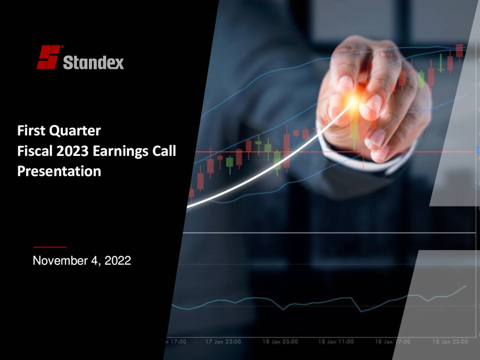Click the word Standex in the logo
[93, 62]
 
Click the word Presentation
[59, 171]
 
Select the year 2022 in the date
[117, 261]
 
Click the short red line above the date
[49, 247]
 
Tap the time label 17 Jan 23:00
[223, 342]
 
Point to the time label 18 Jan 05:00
[280, 342]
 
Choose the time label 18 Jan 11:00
[336, 342]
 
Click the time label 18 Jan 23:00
[450, 342]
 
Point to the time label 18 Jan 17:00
[393, 342]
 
